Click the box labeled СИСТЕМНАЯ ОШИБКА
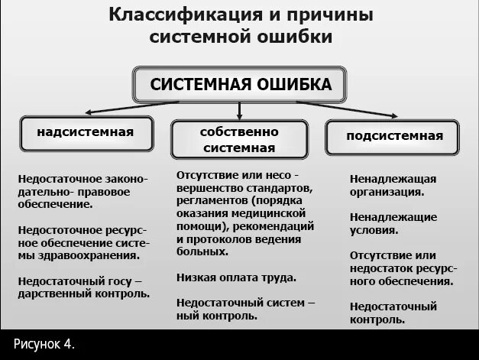click(241, 84)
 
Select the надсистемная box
click(86, 132)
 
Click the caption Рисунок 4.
click(44, 344)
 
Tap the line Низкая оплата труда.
click(235, 277)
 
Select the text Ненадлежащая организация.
click(393, 185)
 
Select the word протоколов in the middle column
click(218, 239)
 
